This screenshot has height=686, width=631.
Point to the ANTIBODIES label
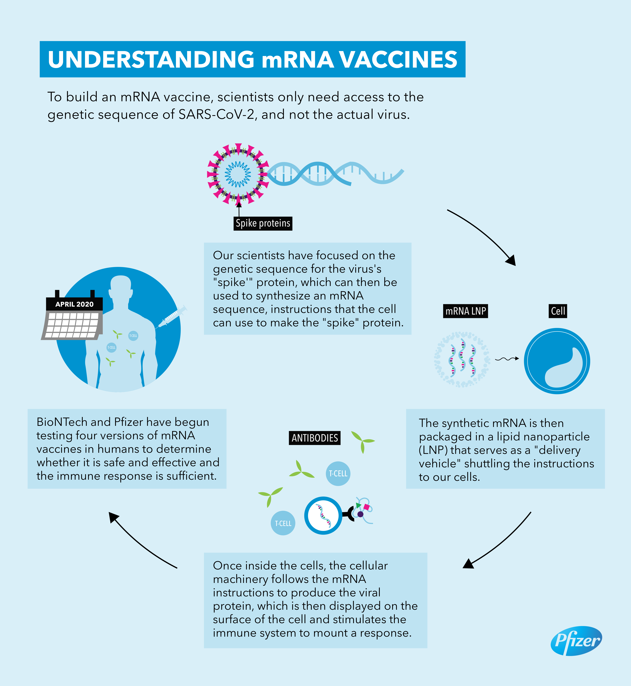tap(314, 438)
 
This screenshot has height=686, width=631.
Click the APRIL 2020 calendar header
tap(74, 304)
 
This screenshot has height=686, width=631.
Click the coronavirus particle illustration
tap(238, 174)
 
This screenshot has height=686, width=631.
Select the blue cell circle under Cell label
tap(557, 361)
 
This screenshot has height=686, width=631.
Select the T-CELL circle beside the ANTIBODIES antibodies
tap(338, 474)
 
